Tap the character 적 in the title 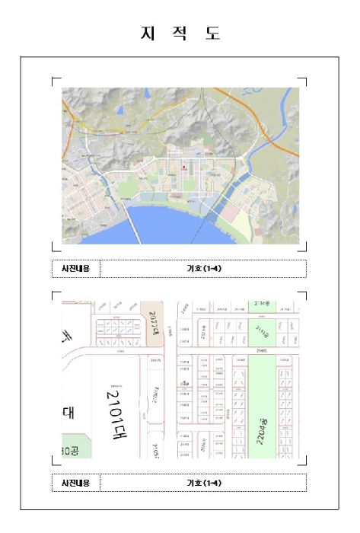(180, 34)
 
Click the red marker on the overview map (183, 165)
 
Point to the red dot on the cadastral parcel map (183, 383)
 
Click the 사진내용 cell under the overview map (75, 269)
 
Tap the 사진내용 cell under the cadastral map (75, 483)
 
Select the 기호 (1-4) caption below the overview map (203, 269)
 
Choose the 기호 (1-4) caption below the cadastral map (203, 483)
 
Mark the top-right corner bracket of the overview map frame (303, 80)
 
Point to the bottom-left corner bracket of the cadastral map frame (54, 461)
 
